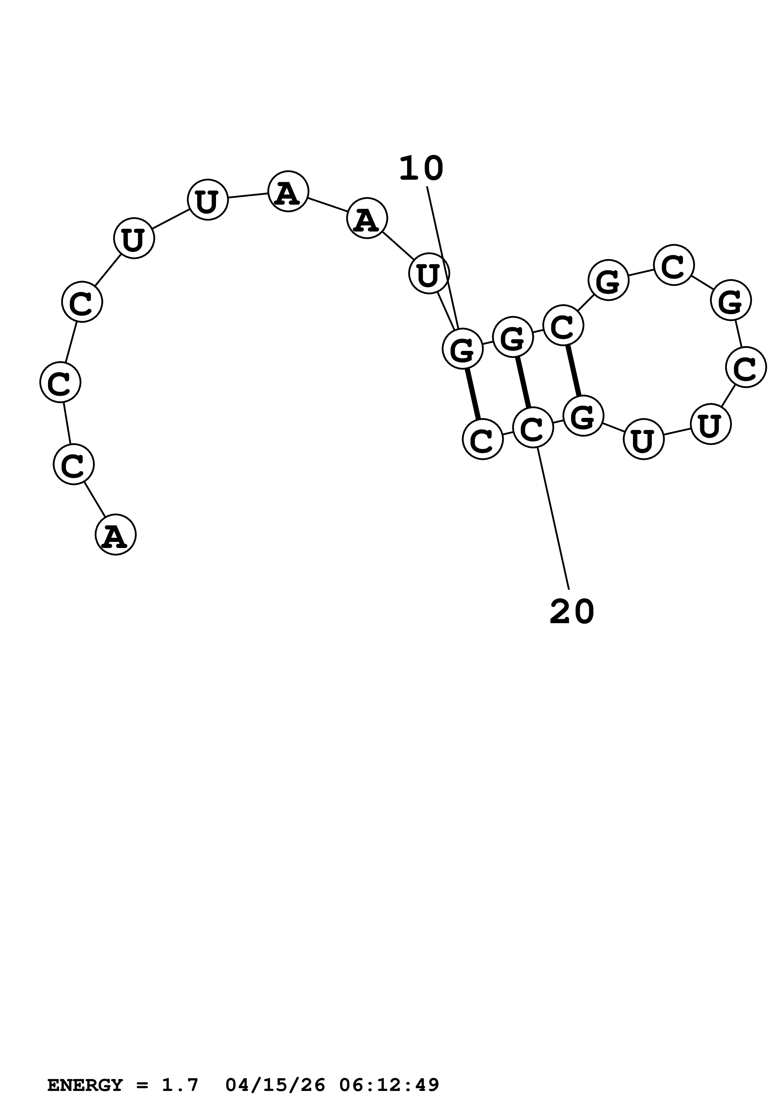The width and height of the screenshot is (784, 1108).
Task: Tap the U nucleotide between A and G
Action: tap(429, 274)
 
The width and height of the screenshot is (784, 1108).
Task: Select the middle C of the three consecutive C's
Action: tap(60, 382)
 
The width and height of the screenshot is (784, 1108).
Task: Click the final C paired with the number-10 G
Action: tap(483, 439)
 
